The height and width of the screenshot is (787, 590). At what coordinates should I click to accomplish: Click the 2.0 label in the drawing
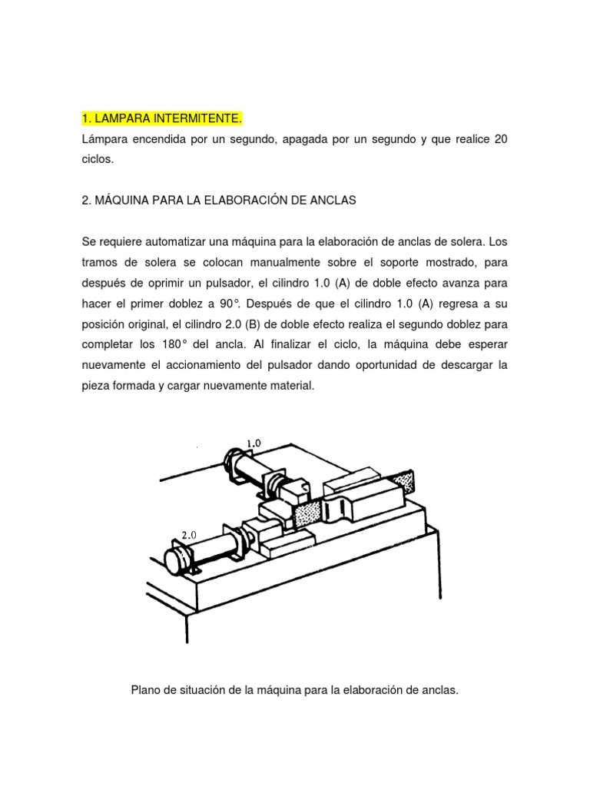pos(190,535)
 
